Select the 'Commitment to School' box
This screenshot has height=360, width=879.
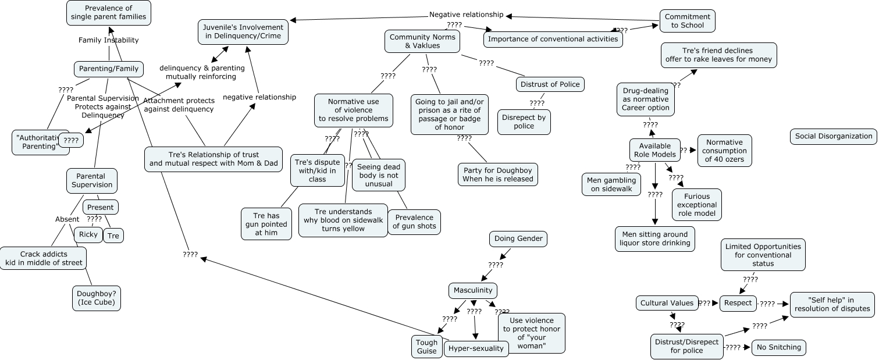pyautogui.click(x=687, y=21)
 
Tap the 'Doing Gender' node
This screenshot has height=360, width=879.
pyautogui.click(x=518, y=238)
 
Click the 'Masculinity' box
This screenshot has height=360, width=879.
pyautogui.click(x=472, y=290)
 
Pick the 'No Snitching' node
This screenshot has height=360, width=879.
pyautogui.click(x=779, y=347)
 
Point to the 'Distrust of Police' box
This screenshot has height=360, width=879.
pyautogui.click(x=550, y=84)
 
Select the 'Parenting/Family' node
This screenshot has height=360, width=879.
pyautogui.click(x=109, y=69)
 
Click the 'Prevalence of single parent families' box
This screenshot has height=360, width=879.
pyautogui.click(x=108, y=13)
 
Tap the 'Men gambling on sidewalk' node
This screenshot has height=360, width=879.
pyautogui.click(x=611, y=184)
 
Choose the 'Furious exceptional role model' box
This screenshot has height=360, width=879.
pyautogui.click(x=696, y=205)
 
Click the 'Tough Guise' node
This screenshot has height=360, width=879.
pyautogui.click(x=426, y=347)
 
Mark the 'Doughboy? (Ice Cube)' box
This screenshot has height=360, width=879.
pyautogui.click(x=97, y=298)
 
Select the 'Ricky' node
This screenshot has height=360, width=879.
pyautogui.click(x=88, y=235)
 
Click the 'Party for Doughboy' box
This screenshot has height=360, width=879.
pyautogui.click(x=497, y=174)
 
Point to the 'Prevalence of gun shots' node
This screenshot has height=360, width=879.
pyautogui.click(x=414, y=222)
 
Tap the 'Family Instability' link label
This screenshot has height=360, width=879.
pyautogui.click(x=109, y=40)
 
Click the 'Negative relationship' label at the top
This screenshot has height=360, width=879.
pyautogui.click(x=466, y=15)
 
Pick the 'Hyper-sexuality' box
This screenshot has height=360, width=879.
pyautogui.click(x=476, y=348)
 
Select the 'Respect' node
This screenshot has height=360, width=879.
pyautogui.click(x=738, y=303)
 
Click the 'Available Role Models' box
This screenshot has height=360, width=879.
pyautogui.click(x=654, y=150)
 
